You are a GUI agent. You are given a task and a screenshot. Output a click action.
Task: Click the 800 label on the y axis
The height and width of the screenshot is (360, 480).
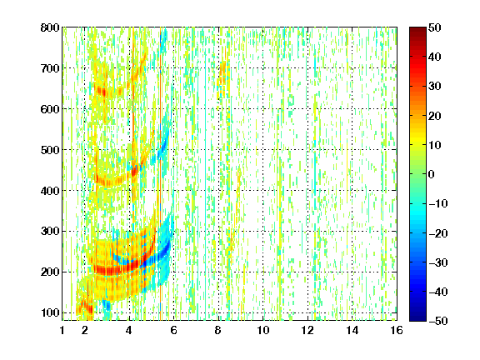click(50, 27)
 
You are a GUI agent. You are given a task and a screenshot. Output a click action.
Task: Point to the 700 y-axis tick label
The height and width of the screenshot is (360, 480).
click(50, 68)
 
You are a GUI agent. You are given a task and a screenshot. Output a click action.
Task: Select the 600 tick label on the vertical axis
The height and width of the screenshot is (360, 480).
click(50, 109)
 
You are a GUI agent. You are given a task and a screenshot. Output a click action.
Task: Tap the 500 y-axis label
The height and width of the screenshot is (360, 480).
click(50, 150)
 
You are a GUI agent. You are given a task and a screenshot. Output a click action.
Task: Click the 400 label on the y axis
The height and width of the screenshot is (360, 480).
click(50, 191)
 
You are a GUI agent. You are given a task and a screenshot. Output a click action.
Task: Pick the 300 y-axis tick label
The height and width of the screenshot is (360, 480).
click(50, 232)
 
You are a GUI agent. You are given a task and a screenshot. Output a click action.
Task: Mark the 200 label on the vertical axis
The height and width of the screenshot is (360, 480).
click(50, 272)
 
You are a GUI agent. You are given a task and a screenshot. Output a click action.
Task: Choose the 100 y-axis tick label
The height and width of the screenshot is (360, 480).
click(50, 312)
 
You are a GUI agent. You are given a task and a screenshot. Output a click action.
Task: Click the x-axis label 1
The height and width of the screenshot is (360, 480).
click(62, 330)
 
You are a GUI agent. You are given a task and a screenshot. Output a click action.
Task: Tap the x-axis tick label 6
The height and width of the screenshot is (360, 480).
click(173, 330)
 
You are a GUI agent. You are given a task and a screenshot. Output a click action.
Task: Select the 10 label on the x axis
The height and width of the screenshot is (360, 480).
click(263, 330)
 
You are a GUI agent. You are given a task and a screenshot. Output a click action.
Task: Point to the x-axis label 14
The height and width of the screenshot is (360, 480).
click(352, 330)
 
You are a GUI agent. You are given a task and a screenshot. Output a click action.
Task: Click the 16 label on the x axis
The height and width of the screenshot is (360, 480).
click(397, 330)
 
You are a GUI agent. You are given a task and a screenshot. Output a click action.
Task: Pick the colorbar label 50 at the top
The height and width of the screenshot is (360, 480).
click(434, 27)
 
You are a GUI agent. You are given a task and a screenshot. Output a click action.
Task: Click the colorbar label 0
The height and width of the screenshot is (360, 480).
click(432, 174)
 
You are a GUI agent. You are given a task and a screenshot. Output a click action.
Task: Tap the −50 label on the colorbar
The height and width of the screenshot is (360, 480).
click(438, 321)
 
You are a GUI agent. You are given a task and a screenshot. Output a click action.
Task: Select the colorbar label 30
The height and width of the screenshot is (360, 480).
click(434, 87)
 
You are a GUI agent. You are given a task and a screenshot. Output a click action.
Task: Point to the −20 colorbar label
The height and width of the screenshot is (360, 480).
click(438, 233)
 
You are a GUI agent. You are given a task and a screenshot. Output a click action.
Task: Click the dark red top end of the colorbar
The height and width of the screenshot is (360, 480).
click(417, 29)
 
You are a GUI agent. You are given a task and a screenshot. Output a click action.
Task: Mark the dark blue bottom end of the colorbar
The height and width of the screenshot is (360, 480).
click(417, 319)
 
